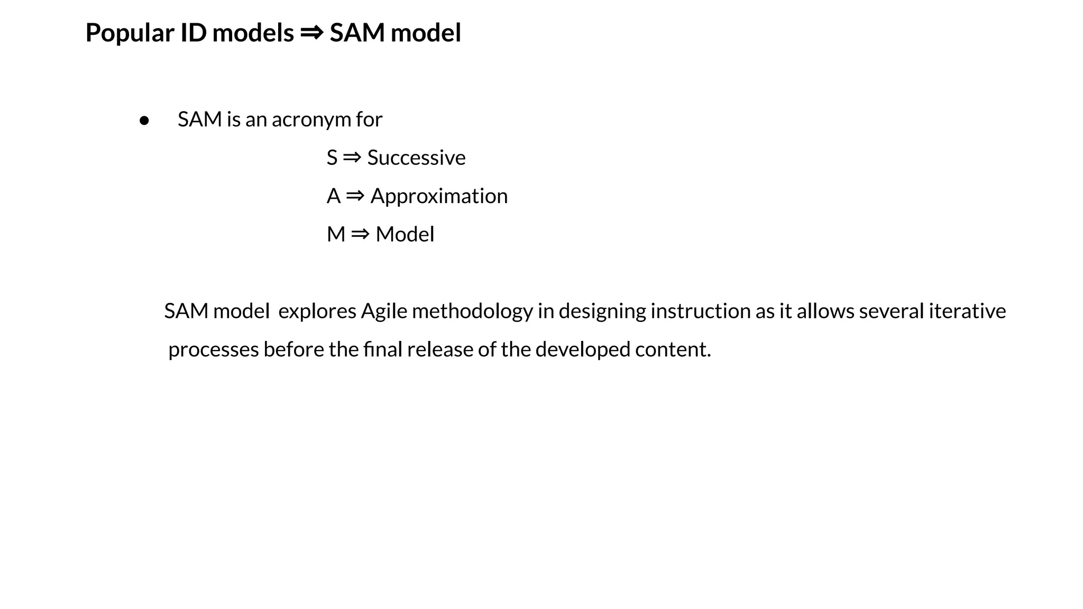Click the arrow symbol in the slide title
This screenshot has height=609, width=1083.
click(311, 33)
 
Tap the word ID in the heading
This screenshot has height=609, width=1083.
click(193, 33)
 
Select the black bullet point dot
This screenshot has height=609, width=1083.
click(144, 121)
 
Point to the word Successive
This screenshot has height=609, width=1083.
click(416, 158)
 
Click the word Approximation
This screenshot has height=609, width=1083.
click(439, 196)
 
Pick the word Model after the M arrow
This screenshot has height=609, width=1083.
click(405, 234)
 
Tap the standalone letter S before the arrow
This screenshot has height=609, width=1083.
click(332, 158)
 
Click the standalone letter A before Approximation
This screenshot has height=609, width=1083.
click(333, 196)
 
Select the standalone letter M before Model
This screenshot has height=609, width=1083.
click(336, 234)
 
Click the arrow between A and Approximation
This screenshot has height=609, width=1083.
click(355, 196)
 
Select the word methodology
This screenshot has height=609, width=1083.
click(472, 311)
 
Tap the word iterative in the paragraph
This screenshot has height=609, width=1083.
click(967, 311)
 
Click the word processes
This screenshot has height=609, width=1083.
click(213, 350)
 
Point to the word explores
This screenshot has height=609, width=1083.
click(317, 311)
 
